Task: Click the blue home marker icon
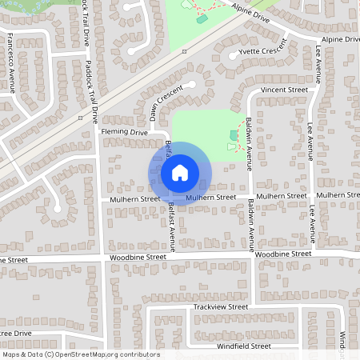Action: (x=179, y=173)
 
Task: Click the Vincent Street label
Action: (x=284, y=90)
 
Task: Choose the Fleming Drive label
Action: (x=124, y=131)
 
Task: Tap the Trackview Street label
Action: (x=220, y=306)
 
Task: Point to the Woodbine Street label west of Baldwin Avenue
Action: (x=138, y=258)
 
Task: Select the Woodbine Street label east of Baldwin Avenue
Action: (x=282, y=254)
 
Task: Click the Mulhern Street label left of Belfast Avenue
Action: (x=130, y=198)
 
